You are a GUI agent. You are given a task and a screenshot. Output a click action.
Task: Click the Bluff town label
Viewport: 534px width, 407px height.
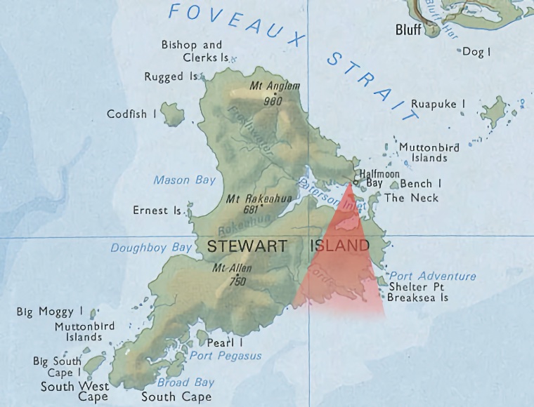tap(408, 29)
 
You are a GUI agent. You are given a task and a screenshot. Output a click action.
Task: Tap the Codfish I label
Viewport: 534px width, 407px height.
tap(131, 114)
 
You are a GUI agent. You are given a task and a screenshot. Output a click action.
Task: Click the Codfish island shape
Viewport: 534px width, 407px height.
tap(171, 113)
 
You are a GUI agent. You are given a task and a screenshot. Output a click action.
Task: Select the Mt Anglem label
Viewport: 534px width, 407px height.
tap(275, 86)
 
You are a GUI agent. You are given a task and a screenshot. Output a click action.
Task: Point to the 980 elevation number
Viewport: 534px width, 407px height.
tap(272, 100)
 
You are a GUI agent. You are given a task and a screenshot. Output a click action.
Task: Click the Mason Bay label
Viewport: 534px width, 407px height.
tap(185, 180)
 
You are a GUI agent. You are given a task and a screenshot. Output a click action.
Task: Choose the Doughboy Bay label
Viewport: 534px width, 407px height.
tap(151, 248)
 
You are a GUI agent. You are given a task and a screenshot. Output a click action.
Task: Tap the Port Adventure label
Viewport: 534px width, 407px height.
tap(432, 276)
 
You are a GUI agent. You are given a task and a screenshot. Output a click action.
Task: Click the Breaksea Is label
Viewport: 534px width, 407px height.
tap(418, 298)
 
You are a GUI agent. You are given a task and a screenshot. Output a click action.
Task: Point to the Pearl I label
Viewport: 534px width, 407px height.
tap(225, 343)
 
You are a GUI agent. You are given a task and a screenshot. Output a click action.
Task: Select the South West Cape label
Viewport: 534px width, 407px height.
tap(74, 392)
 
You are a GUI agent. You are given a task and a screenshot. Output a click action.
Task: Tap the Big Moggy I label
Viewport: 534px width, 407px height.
tap(50, 312)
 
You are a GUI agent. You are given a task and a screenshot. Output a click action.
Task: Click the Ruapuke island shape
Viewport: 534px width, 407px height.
tap(495, 112)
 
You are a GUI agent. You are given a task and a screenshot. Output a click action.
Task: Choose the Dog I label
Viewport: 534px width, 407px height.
tap(477, 52)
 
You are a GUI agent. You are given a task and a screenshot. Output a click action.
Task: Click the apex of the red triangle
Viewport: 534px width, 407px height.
tap(349, 184)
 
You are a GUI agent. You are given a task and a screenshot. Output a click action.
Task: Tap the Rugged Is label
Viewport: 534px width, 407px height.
tap(171, 77)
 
